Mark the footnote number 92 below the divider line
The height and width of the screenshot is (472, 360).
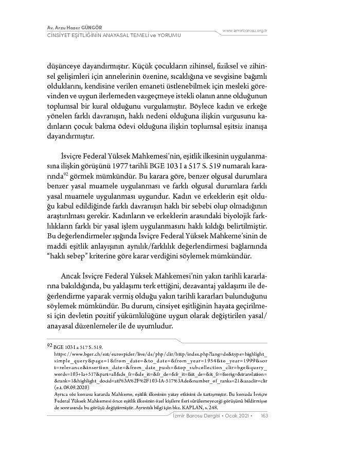coord(49,347)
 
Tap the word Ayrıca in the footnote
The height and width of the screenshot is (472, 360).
coord(61,393)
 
